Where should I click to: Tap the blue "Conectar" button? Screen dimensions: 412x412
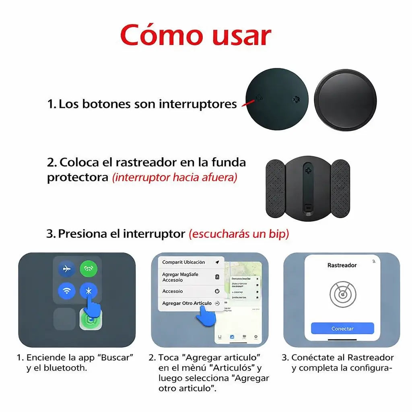pos(342,329)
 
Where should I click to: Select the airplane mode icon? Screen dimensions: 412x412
pos(67,269)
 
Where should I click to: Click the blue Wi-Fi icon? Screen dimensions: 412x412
pos(67,291)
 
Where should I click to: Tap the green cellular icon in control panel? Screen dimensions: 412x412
pos(88,269)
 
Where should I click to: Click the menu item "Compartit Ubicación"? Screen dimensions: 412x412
pos(183,262)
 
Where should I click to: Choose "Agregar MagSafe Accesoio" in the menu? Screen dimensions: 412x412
pos(181,277)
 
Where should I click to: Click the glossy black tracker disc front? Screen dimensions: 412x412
pos(345,99)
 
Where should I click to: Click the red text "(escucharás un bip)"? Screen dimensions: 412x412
pos(239,234)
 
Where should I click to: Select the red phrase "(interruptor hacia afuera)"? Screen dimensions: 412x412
pos(175,177)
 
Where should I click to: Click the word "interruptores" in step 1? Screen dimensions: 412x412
pos(198,104)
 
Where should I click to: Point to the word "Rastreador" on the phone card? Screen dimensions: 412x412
pos(342,265)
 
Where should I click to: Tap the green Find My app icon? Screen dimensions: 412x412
pos(90,320)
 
